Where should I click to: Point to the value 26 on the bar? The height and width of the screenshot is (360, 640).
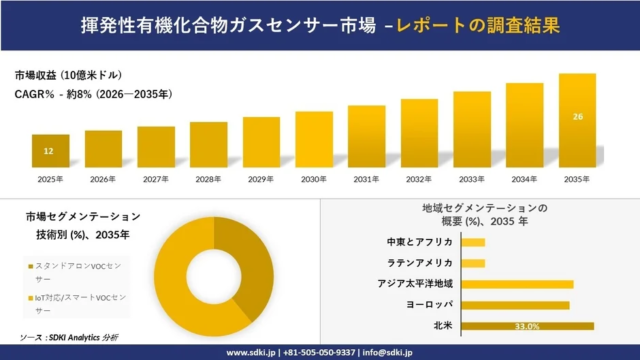click(577, 117)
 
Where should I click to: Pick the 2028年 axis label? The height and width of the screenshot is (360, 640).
click(208, 179)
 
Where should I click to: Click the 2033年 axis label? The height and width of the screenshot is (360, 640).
click(472, 179)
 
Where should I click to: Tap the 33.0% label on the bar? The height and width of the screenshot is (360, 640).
click(527, 326)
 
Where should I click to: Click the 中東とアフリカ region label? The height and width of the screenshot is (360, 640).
click(420, 242)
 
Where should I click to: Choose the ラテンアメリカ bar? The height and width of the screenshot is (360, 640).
click(474, 263)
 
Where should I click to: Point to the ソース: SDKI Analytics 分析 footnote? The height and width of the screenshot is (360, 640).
click(68, 338)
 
